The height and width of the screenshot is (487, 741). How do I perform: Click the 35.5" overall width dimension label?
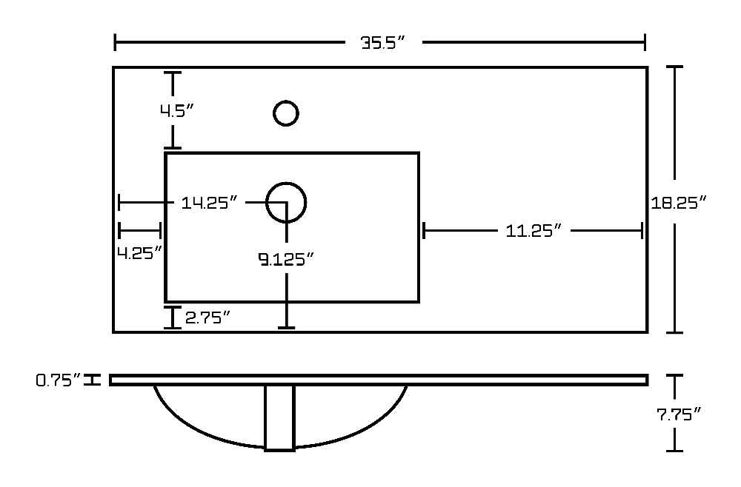383,43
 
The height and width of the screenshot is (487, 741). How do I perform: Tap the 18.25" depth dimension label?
678,203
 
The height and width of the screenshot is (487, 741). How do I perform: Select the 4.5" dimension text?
177,111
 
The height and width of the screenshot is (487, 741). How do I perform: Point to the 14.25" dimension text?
209,203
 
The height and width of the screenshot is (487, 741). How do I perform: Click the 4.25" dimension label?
140,253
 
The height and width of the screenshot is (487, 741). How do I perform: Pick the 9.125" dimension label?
286,259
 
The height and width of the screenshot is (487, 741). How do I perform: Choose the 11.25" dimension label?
534,231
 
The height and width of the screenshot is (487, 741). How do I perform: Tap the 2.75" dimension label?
207,318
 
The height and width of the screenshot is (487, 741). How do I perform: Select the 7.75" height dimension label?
679,414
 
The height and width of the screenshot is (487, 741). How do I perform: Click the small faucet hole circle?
286,113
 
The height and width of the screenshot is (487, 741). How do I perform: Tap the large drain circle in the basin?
286,203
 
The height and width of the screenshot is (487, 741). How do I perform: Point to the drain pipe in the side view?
280,418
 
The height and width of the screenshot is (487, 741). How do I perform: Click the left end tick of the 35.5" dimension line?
115,42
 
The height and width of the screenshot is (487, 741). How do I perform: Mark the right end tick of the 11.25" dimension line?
642,231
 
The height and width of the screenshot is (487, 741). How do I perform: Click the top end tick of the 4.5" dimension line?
173,73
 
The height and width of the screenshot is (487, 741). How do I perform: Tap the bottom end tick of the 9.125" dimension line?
286,327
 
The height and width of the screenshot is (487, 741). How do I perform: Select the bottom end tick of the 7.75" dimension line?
674,451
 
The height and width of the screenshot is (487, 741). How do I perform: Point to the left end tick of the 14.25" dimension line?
119,203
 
